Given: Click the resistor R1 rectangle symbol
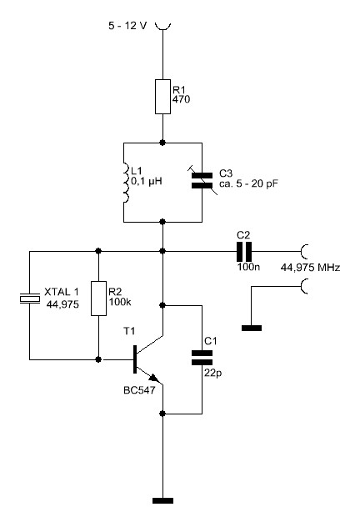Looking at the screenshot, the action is [163, 97].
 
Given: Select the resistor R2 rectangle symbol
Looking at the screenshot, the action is [99, 299].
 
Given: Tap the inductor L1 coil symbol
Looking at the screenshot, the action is [125, 183].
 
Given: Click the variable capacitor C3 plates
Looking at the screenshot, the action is [202, 180].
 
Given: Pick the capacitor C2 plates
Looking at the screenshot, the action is [244, 251].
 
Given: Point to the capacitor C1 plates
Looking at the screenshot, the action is [202, 358].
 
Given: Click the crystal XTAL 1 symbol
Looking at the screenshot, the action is [30, 299].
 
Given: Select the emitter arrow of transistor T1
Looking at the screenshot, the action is [153, 379].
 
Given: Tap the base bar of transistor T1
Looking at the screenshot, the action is [135, 359].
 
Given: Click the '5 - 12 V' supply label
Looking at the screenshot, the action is [127, 26].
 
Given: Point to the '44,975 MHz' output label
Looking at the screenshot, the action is [311, 268].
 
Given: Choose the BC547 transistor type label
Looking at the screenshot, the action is [139, 390].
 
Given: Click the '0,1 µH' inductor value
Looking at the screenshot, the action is [147, 182].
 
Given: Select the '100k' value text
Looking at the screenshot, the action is [120, 302].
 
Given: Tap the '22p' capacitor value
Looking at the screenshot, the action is [213, 374].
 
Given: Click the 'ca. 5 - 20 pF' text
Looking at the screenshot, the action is [248, 183].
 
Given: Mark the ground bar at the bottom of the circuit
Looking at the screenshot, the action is [163, 500].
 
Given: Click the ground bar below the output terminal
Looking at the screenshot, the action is [252, 329].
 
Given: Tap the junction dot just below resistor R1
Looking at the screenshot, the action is [162, 143].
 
